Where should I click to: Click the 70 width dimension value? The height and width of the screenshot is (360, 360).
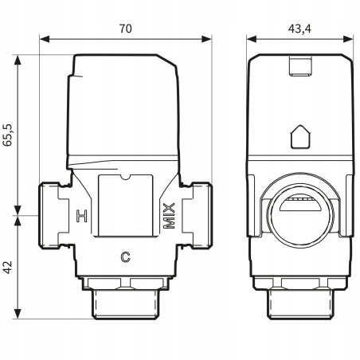click(x=125, y=28)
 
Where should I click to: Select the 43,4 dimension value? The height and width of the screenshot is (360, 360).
click(x=299, y=28)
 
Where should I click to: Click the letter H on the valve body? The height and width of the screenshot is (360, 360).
click(x=80, y=215)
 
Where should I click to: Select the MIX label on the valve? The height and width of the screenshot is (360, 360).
click(x=169, y=215)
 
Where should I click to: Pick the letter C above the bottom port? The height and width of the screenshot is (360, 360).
click(x=124, y=256)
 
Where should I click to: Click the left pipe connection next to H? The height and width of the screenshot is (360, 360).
click(x=52, y=215)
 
